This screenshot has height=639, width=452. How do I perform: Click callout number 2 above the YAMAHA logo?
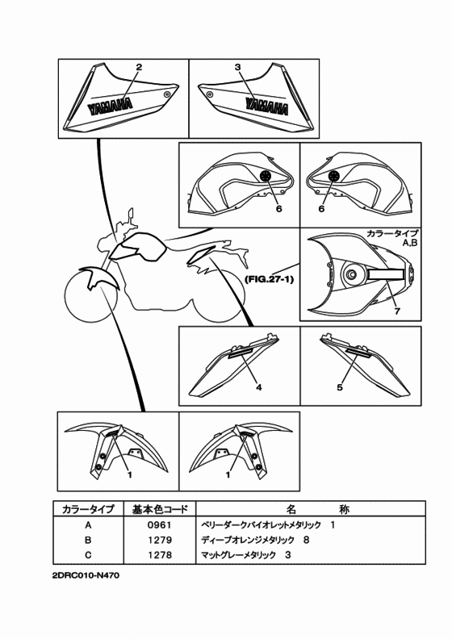[x=139, y=67]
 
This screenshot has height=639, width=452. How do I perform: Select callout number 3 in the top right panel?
[x=238, y=67]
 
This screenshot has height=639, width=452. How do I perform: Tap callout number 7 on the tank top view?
[x=397, y=311]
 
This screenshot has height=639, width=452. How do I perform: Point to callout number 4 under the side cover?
[x=259, y=387]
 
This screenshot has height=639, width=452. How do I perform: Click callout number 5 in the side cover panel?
[x=340, y=387]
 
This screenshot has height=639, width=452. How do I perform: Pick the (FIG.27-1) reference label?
[x=269, y=279]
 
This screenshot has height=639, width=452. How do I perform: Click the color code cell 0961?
[x=159, y=525]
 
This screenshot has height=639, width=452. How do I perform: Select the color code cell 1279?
[x=159, y=540]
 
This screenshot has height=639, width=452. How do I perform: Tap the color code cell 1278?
[x=159, y=555]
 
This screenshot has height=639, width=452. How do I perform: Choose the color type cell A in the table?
[x=88, y=525]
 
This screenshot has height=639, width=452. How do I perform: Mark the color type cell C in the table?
[x=88, y=555]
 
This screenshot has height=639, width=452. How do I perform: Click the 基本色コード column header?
[x=160, y=509]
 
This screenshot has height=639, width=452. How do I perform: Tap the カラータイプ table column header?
[x=88, y=509]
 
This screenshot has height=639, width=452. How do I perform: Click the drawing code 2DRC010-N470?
[x=86, y=576]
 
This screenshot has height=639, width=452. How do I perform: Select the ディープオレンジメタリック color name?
[x=248, y=540]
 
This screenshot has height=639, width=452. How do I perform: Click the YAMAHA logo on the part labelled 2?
[x=110, y=106]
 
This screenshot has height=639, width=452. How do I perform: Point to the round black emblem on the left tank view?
[x=266, y=176]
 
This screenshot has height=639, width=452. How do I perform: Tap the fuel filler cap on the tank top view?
[x=350, y=275]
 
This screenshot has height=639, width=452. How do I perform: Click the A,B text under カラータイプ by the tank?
[x=410, y=244]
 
